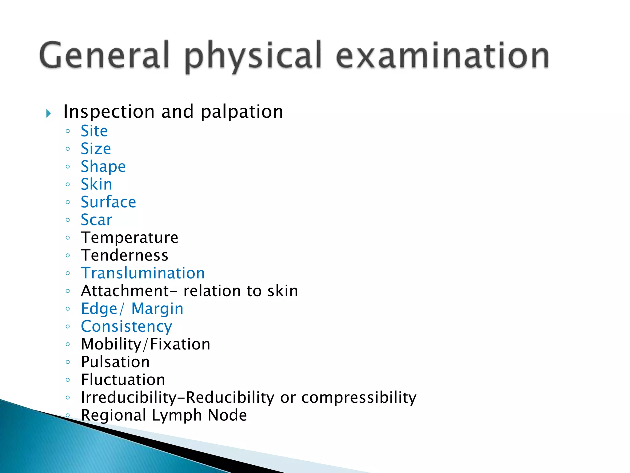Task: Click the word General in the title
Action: pos(104,55)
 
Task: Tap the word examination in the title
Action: pos(443,55)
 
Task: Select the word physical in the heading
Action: pos(253,57)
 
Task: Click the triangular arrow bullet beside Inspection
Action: pos(48,113)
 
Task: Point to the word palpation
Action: pos(242,112)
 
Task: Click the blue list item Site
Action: pos(94,131)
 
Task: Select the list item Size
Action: pos(96,149)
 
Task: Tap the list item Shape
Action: pos(103,167)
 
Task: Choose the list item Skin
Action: pos(96,184)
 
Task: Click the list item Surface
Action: pos(108,202)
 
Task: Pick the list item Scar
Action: pos(96,220)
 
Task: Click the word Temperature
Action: pos(130,237)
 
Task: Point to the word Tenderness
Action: pos(125,255)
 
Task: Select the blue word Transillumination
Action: pos(143,273)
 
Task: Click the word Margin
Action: pos(157,309)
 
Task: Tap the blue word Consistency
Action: pos(126,327)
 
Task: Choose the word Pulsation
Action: pos(115,362)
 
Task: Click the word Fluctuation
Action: pos(123,380)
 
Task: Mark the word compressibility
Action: pos(359,398)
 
